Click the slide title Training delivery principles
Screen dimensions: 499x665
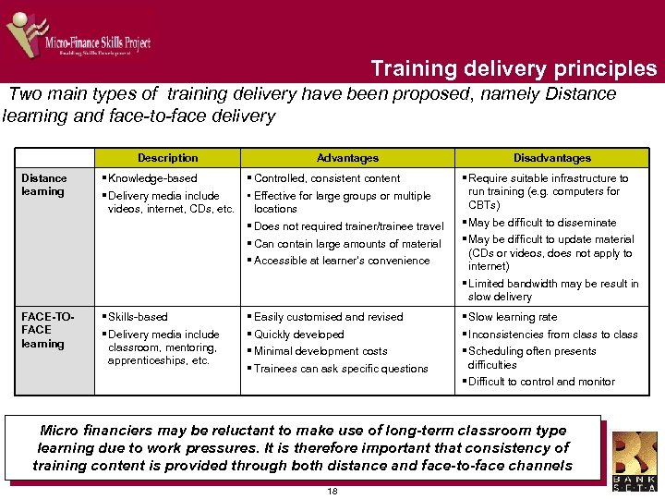coord(514,68)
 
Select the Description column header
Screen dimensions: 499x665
coord(167,158)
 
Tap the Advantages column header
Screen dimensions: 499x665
coord(347,158)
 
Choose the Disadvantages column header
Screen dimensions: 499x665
coord(552,158)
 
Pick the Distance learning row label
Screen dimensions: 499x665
coord(43,185)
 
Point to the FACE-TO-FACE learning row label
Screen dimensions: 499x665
coord(43,330)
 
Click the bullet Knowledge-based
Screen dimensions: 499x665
coord(152,178)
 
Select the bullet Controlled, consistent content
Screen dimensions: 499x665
coord(327,178)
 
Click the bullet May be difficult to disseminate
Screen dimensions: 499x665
coord(542,223)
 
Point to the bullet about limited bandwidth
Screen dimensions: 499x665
coord(553,290)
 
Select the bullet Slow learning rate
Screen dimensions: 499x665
coord(513,317)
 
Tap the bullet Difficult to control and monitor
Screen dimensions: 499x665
coord(541,382)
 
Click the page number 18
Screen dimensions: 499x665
coord(332,491)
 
